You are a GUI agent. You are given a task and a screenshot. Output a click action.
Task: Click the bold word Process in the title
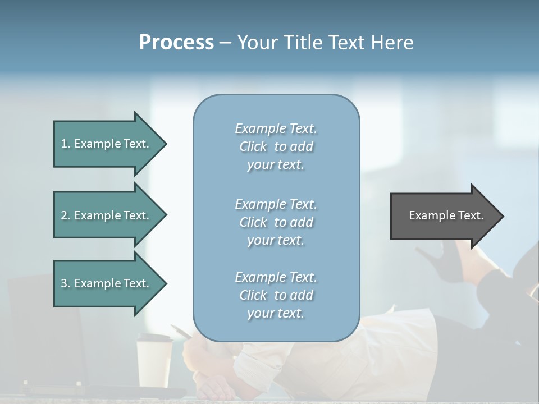tap(176, 43)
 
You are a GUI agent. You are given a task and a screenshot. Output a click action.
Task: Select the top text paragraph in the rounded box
tap(276, 146)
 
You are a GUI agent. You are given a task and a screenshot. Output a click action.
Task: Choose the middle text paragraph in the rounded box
tap(276, 222)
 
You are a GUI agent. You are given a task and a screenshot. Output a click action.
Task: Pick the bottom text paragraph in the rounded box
tap(276, 295)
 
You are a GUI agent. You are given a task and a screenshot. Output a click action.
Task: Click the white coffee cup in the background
tap(154, 365)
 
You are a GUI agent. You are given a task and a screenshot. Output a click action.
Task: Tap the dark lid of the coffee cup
tap(154, 338)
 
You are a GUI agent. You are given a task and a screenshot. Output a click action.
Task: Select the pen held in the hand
tap(181, 331)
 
